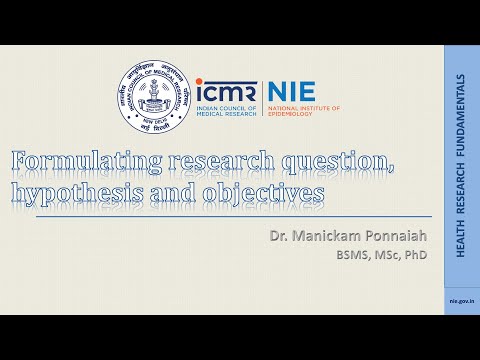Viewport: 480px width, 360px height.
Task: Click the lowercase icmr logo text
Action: coord(226,91)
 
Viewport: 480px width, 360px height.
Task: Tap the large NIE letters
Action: coord(290,91)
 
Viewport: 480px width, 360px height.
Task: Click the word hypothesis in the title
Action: coord(73,193)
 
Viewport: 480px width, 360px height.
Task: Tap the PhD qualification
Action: coord(413,254)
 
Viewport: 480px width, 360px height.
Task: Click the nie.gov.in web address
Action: coord(461,299)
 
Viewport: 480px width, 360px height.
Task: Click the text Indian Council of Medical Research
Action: coord(228,110)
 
